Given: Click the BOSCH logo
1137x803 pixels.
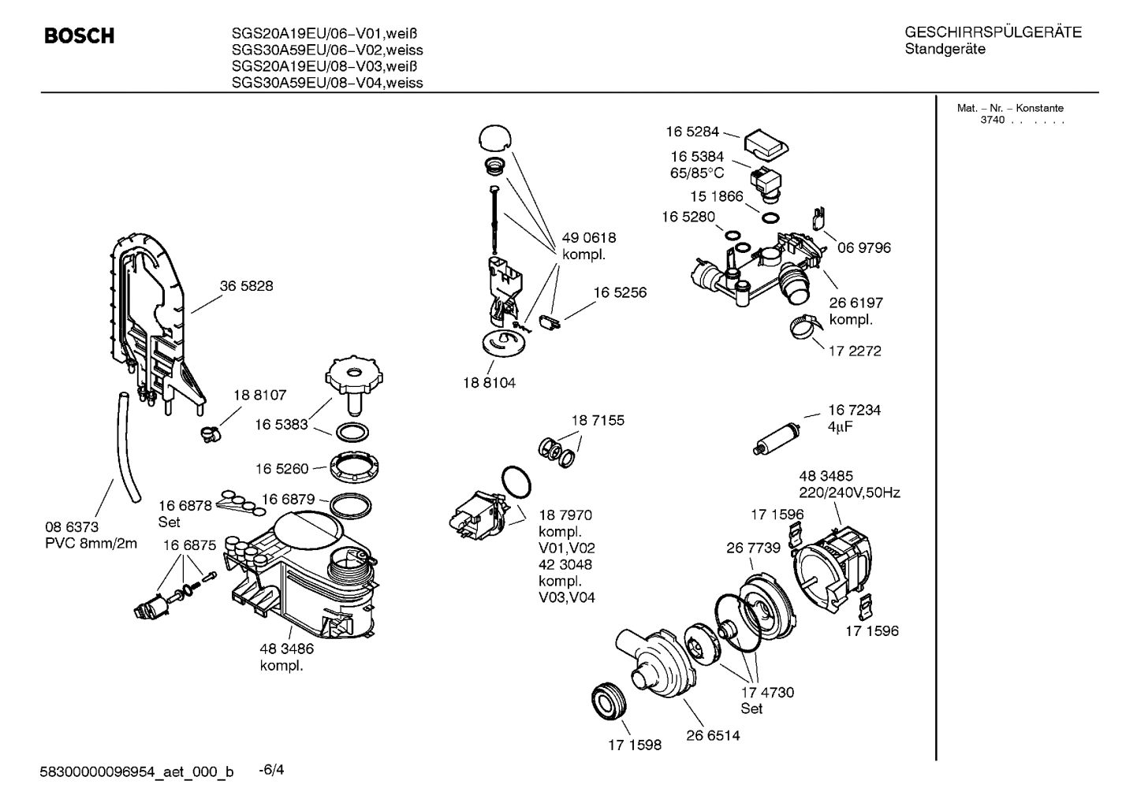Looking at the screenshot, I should (80, 36).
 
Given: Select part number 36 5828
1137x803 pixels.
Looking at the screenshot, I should (246, 286).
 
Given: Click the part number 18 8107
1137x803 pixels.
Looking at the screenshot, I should (259, 395).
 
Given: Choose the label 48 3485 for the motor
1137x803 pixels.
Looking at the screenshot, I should (826, 476).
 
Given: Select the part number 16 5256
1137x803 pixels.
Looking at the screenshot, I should (620, 292).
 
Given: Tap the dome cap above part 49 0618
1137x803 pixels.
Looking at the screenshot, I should (494, 137).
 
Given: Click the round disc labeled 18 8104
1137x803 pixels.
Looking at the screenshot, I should (503, 343).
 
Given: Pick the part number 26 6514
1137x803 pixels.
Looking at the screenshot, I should (713, 735).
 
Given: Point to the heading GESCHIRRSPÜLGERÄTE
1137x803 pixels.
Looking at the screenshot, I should (993, 32).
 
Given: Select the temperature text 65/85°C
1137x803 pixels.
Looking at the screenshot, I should (696, 173).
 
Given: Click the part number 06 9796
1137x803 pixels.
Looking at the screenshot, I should (864, 247).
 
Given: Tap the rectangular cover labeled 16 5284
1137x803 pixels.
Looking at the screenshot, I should (766, 143).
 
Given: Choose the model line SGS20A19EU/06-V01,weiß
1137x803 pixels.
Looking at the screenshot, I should (324, 33).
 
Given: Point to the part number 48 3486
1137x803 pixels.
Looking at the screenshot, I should (286, 649).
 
